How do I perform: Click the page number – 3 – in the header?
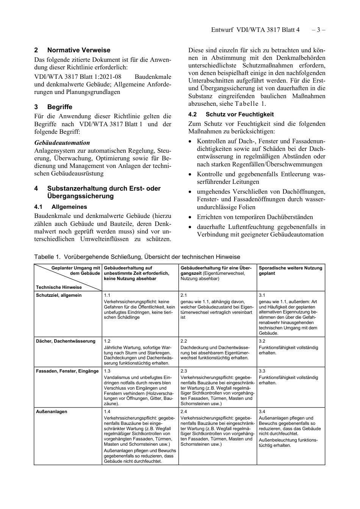pyautogui.click(x=318, y=30)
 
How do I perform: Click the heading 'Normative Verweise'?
pyautogui.click(x=78, y=50)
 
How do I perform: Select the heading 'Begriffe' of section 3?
pyautogui.click(x=59, y=107)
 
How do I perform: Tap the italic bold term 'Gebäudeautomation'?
pyautogui.click(x=62, y=143)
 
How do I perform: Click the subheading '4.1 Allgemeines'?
pyautogui.click(x=61, y=207)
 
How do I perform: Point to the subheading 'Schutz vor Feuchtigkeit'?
pyautogui.click(x=239, y=114)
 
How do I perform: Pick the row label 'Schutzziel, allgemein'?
pyautogui.click(x=59, y=295)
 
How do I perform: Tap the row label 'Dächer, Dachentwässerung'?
pyautogui.click(x=66, y=341)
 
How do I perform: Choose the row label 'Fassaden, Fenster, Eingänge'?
pyautogui.click(x=67, y=371)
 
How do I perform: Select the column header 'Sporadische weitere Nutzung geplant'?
pyautogui.click(x=290, y=271)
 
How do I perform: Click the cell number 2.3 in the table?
pyautogui.click(x=184, y=371)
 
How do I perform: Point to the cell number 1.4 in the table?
pyautogui.click(x=107, y=412)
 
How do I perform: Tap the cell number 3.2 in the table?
pyautogui.click(x=262, y=341)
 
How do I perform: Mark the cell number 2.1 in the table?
pyautogui.click(x=184, y=295)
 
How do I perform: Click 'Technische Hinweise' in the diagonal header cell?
pyautogui.click(x=59, y=287)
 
